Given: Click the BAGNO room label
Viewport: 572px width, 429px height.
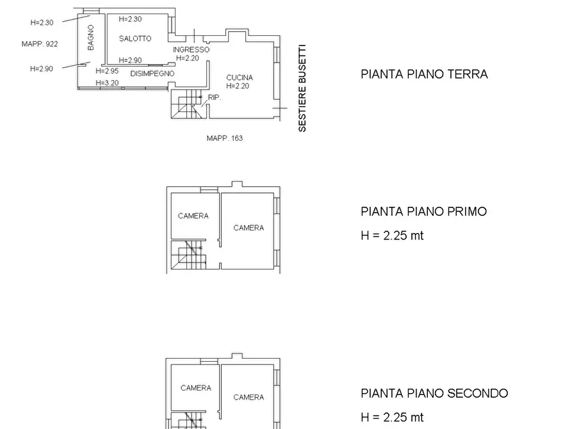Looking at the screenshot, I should [91, 38].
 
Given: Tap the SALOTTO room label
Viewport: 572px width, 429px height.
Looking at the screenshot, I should [135, 38].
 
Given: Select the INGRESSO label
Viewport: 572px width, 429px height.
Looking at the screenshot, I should [191, 49].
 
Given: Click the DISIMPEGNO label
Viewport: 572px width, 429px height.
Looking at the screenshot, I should [152, 74].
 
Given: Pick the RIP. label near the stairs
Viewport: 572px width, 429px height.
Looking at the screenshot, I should [215, 98].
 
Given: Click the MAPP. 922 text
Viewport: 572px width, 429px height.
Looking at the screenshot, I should [39, 44].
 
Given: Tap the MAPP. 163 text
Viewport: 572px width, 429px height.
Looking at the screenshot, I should [224, 138].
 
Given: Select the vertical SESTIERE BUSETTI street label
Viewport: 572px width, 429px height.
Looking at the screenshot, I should [302, 88].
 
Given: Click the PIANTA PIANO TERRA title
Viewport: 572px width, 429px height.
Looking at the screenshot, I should [424, 74].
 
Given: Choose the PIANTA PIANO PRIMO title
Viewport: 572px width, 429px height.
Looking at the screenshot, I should [423, 211].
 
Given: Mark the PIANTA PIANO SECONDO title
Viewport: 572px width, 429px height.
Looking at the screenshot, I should [434, 393].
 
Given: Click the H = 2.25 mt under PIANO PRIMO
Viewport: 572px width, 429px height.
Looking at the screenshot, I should [392, 236].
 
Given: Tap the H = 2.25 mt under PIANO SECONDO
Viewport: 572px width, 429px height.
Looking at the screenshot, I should [392, 417].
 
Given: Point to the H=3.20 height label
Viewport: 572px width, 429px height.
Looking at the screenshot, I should [107, 83].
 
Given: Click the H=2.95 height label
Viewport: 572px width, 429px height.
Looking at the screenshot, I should [107, 71].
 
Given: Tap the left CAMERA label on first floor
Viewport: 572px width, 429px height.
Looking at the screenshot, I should [193, 216].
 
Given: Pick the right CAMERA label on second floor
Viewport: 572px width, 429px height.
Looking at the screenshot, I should [249, 397].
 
